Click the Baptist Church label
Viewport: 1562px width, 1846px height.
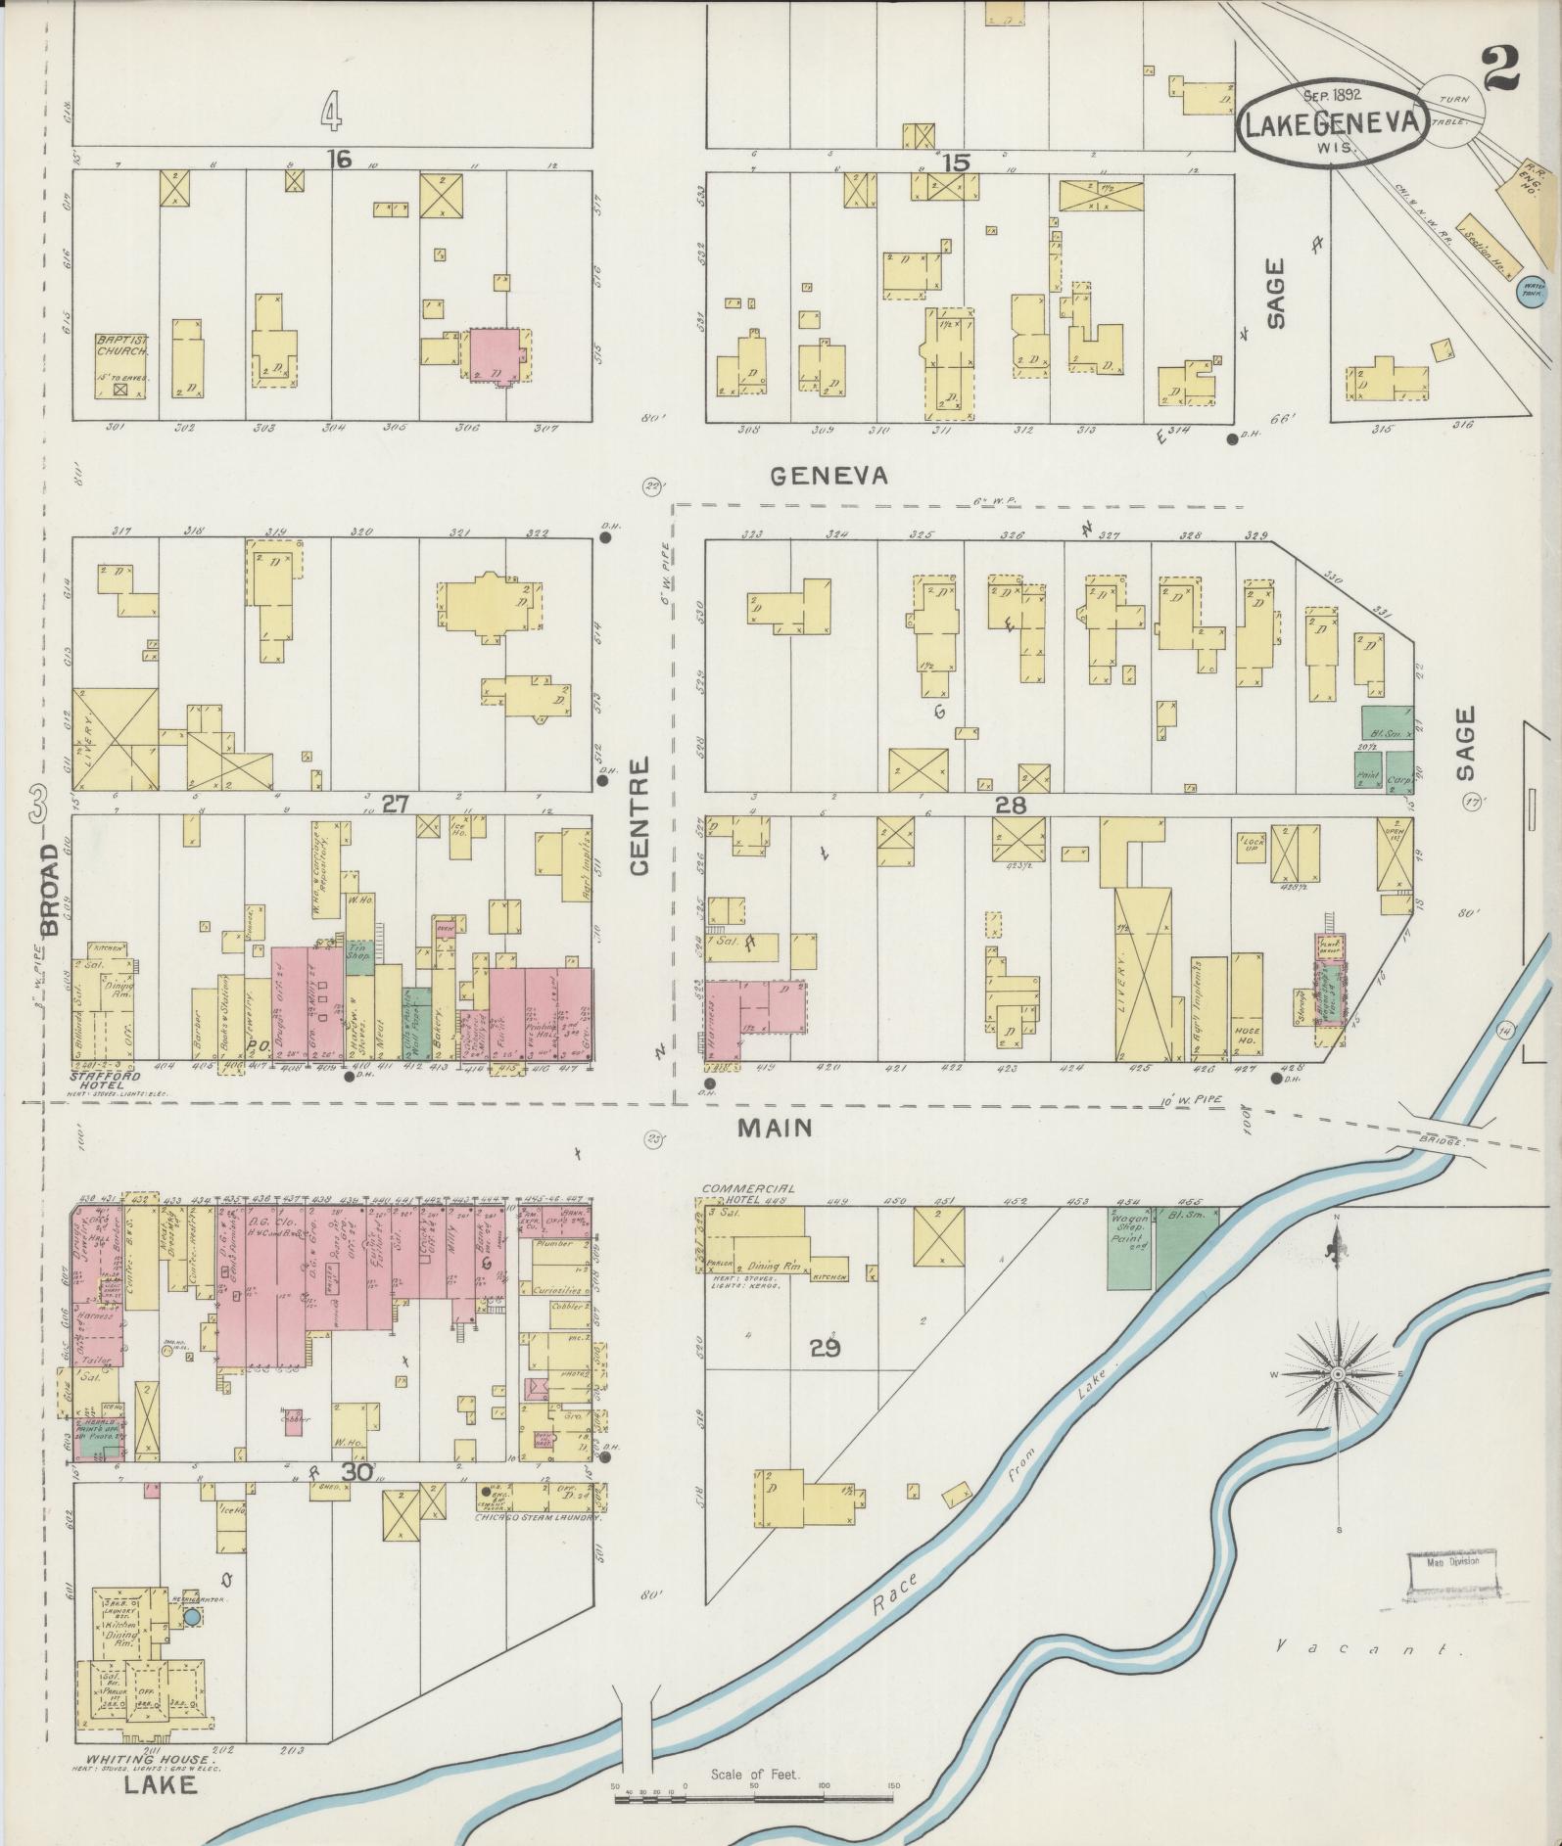click(121, 345)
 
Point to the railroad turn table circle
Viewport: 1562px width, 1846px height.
click(1452, 111)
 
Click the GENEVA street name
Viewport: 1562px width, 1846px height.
click(828, 475)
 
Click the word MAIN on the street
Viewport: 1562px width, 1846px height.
click(775, 1128)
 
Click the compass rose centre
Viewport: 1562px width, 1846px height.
click(1336, 1375)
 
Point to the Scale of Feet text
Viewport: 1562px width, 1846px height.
click(755, 1775)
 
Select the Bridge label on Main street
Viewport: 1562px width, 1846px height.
click(1439, 1141)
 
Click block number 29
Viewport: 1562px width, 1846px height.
click(825, 1349)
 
